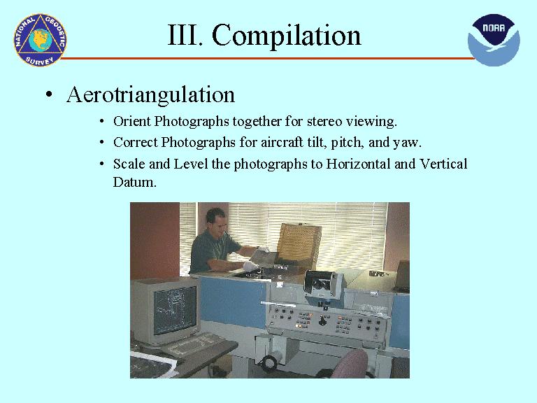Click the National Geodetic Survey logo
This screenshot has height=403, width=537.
[40, 40]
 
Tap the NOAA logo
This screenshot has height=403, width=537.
[494, 40]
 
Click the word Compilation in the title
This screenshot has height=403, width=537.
[286, 36]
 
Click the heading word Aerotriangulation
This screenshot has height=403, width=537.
[151, 94]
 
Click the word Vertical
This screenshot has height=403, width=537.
[443, 164]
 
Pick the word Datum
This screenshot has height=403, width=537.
[134, 182]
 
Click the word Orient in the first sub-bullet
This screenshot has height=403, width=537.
[132, 121]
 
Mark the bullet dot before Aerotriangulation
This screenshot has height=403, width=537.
[50, 94]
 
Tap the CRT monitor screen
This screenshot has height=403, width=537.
[175, 310]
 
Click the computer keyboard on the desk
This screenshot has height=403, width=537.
[192, 344]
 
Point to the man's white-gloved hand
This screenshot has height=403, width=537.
[250, 266]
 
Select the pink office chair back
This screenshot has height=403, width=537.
[350, 364]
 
